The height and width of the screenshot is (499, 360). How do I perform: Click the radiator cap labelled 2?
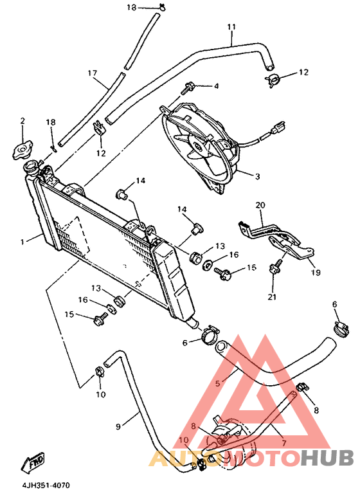22,151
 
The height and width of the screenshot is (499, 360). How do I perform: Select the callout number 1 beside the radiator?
22,242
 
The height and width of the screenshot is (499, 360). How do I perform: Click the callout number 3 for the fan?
257,176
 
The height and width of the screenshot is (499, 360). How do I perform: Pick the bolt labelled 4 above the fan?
186,87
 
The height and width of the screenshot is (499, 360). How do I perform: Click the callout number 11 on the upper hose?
231,27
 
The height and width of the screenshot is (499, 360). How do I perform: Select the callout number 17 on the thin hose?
92,73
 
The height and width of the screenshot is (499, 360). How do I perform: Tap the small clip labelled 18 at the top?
162,6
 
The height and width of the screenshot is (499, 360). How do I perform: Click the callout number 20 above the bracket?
260,205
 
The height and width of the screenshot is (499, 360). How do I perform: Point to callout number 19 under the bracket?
316,272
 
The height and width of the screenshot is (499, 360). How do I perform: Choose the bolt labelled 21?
274,267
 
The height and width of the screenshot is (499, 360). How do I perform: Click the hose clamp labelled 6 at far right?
341,329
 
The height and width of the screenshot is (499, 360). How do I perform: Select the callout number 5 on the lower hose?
217,383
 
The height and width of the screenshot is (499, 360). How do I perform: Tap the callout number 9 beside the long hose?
118,426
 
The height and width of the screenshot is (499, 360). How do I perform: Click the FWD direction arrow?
32,462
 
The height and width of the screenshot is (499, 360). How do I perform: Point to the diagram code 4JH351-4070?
46,486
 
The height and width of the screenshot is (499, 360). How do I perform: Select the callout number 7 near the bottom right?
283,442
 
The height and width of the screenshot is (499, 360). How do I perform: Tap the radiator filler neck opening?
32,166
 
